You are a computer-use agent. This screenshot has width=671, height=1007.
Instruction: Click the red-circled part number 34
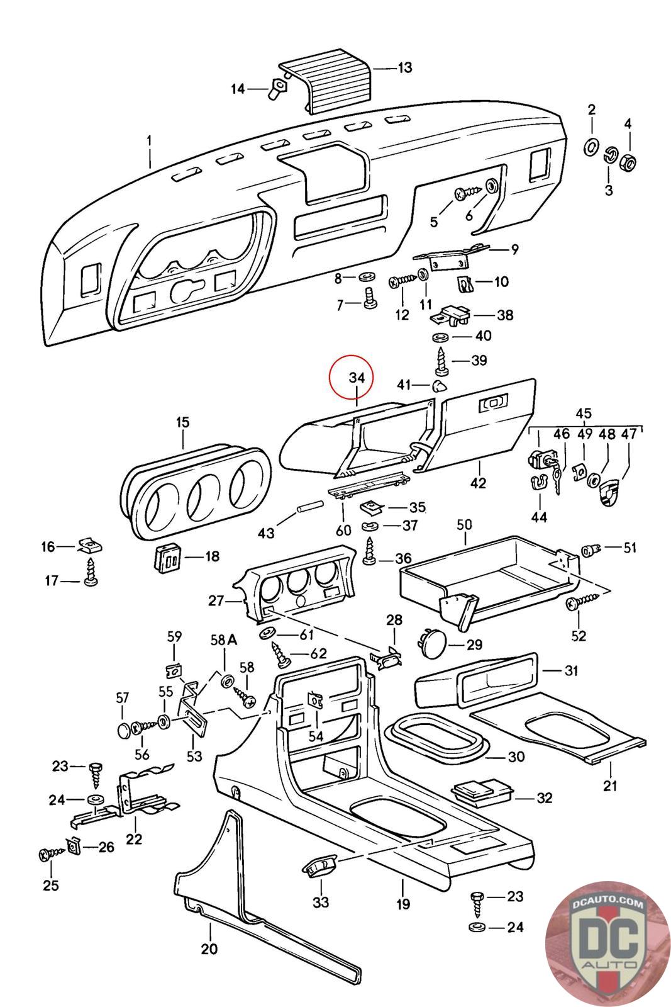click(x=357, y=378)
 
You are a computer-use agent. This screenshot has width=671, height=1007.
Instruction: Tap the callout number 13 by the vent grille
click(x=404, y=68)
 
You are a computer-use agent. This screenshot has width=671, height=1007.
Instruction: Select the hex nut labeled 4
click(x=628, y=162)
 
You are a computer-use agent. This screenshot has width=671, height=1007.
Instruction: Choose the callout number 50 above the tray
click(x=464, y=525)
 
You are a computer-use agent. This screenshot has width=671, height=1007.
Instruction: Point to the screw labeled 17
click(x=91, y=572)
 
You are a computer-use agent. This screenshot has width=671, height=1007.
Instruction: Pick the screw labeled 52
click(x=582, y=601)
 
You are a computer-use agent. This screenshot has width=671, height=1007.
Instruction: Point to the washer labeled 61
click(x=268, y=634)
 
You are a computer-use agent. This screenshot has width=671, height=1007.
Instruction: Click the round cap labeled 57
click(x=123, y=729)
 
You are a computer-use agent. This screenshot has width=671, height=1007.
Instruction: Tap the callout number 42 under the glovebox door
click(x=478, y=483)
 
